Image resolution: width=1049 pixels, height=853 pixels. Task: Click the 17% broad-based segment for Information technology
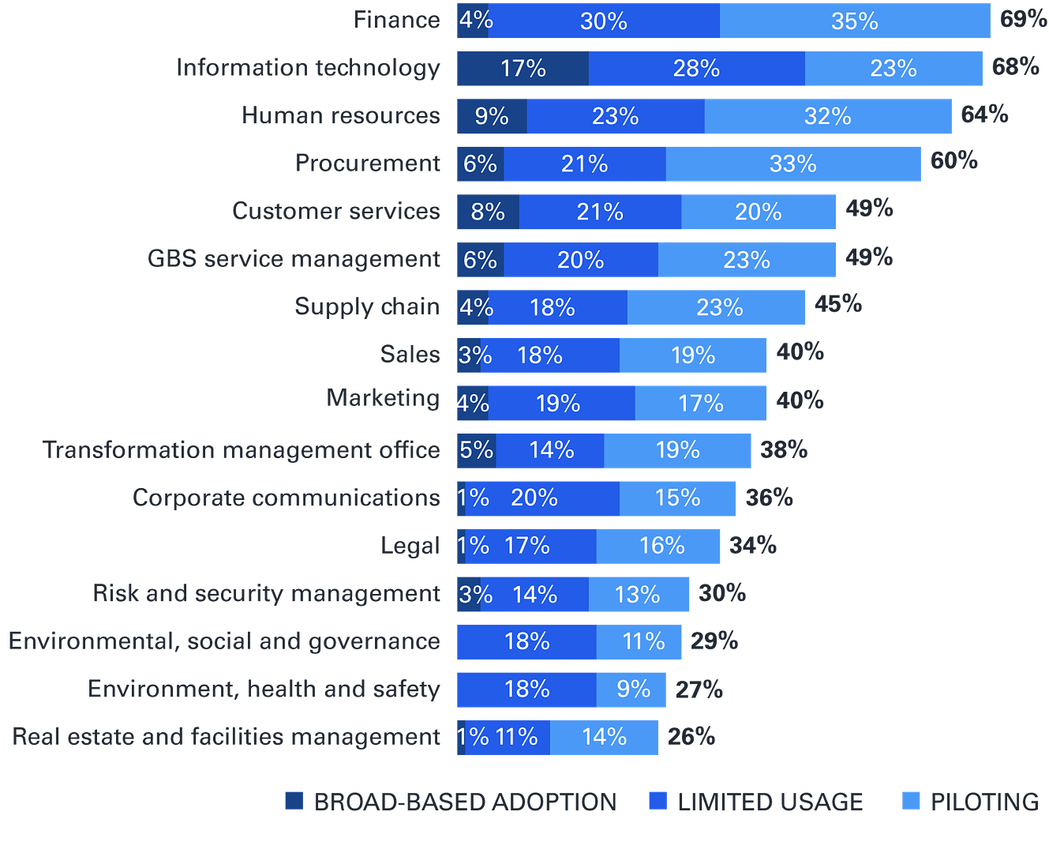(523, 69)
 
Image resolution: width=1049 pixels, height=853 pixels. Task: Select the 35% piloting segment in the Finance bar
(855, 21)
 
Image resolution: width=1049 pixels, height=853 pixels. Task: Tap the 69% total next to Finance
(1023, 19)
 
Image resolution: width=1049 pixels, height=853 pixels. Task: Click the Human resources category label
(341, 115)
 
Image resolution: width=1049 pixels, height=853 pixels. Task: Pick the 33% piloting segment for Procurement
(792, 163)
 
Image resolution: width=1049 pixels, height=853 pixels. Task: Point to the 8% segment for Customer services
(488, 212)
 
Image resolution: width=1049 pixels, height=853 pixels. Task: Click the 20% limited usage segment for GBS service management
(580, 260)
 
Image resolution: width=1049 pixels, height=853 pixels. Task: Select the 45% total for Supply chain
(837, 304)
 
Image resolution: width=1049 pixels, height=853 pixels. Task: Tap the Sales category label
(410, 354)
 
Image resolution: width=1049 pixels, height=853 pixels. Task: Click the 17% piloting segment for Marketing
(700, 404)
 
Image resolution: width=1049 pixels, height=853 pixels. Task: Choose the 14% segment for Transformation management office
(551, 450)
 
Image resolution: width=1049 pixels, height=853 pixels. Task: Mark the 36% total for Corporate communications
(769, 498)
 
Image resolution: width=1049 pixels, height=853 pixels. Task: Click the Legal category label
(410, 546)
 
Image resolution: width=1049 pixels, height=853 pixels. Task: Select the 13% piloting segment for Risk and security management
(638, 594)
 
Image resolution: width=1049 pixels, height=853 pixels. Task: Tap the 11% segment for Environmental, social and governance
(643, 641)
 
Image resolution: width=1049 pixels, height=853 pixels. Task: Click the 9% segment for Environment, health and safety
(633, 690)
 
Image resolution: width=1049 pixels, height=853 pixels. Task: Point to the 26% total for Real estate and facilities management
(691, 736)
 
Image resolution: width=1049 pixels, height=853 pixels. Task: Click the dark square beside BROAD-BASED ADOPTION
(294, 801)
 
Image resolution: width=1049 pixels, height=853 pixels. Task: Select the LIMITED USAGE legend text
(770, 802)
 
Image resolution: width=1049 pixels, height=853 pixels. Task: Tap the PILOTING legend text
(984, 802)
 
